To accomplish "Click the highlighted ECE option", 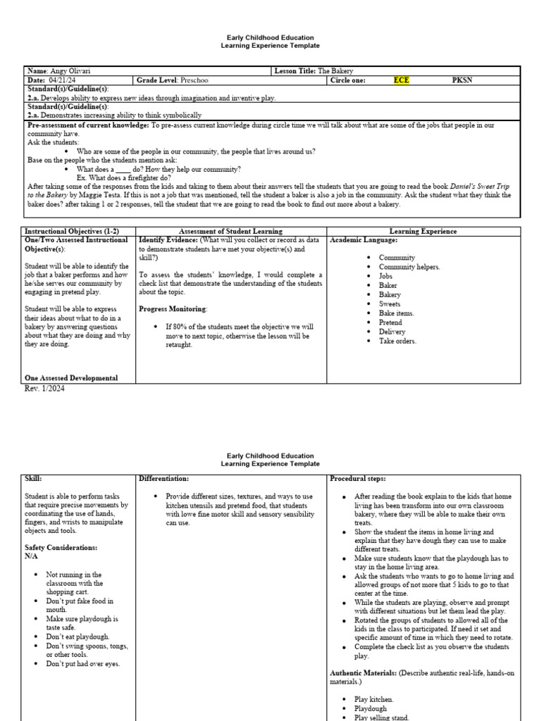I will pyautogui.click(x=401, y=80).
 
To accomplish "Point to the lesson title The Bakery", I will pyautogui.click(x=335, y=71).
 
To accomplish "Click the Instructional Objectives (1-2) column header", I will pyautogui.click(x=72, y=231).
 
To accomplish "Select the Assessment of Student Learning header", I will pyautogui.click(x=231, y=231).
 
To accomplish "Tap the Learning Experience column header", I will pyautogui.click(x=423, y=231).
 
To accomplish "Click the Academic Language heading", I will pyautogui.click(x=363, y=240).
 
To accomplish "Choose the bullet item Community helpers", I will pyautogui.click(x=409, y=267).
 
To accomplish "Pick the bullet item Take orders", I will pyautogui.click(x=397, y=341).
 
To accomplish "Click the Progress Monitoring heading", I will pyautogui.click(x=173, y=308).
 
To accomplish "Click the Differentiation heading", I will pyautogui.click(x=164, y=478).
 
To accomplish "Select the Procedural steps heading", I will pyautogui.click(x=358, y=478).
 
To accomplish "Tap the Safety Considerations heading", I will pyautogui.click(x=62, y=547).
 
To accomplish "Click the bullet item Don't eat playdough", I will pyautogui.click(x=77, y=637).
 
